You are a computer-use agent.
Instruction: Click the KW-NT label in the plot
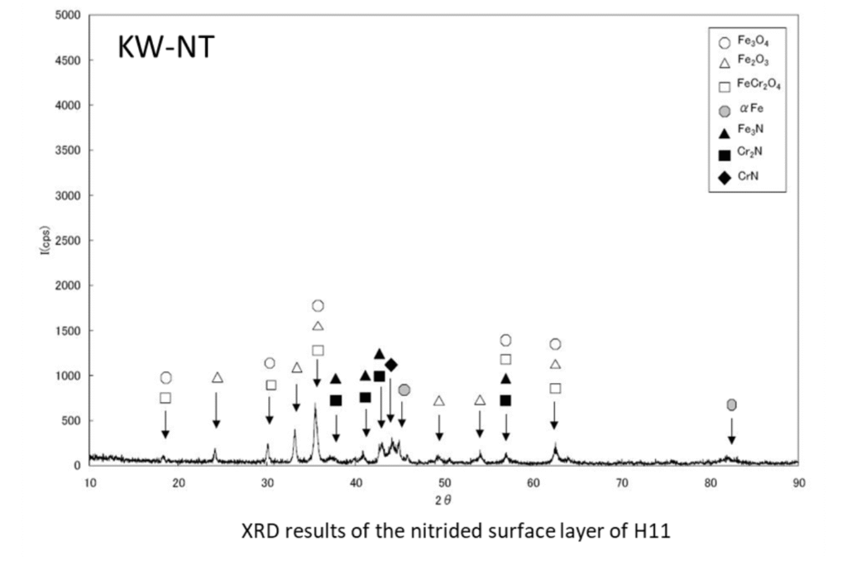[166, 49]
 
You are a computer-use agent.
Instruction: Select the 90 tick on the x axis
[797, 481]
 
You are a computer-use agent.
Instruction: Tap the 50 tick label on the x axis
[443, 481]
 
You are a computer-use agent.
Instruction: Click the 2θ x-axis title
[445, 499]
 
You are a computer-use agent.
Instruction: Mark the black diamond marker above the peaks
[391, 365]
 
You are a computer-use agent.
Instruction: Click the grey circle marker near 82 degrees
[731, 405]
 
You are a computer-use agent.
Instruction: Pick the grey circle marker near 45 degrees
[404, 390]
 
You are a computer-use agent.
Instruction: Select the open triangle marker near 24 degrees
[218, 378]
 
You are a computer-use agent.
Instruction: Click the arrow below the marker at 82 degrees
[731, 430]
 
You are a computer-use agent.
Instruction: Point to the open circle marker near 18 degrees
[165, 378]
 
